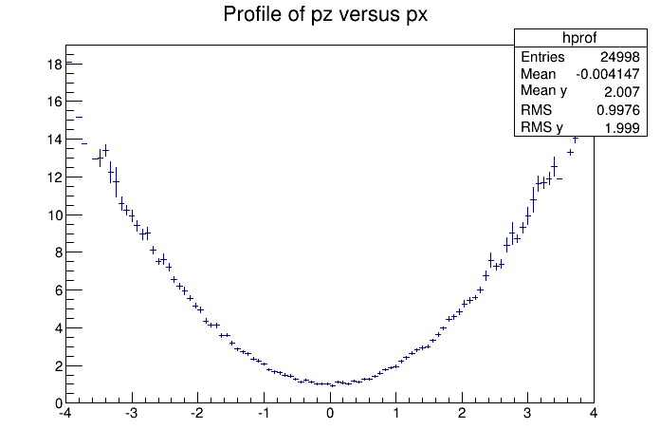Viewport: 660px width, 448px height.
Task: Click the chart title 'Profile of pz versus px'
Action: tap(330, 15)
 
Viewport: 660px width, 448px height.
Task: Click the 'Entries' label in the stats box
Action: tap(542, 57)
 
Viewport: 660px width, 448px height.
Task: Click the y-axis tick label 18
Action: tap(55, 65)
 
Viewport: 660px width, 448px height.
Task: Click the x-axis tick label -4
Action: tap(64, 414)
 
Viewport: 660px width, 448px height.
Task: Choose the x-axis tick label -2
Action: tap(196, 414)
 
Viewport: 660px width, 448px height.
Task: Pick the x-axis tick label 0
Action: tap(330, 414)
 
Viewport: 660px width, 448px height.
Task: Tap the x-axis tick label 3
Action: tap(528, 414)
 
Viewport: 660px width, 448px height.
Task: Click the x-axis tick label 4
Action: tap(594, 414)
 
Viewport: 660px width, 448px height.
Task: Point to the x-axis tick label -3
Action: tap(131, 414)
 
